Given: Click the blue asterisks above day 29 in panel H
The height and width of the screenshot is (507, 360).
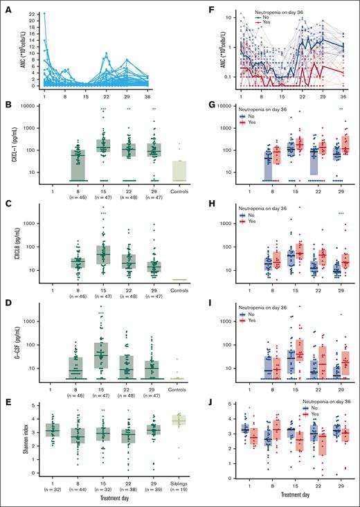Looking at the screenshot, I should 341,213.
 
